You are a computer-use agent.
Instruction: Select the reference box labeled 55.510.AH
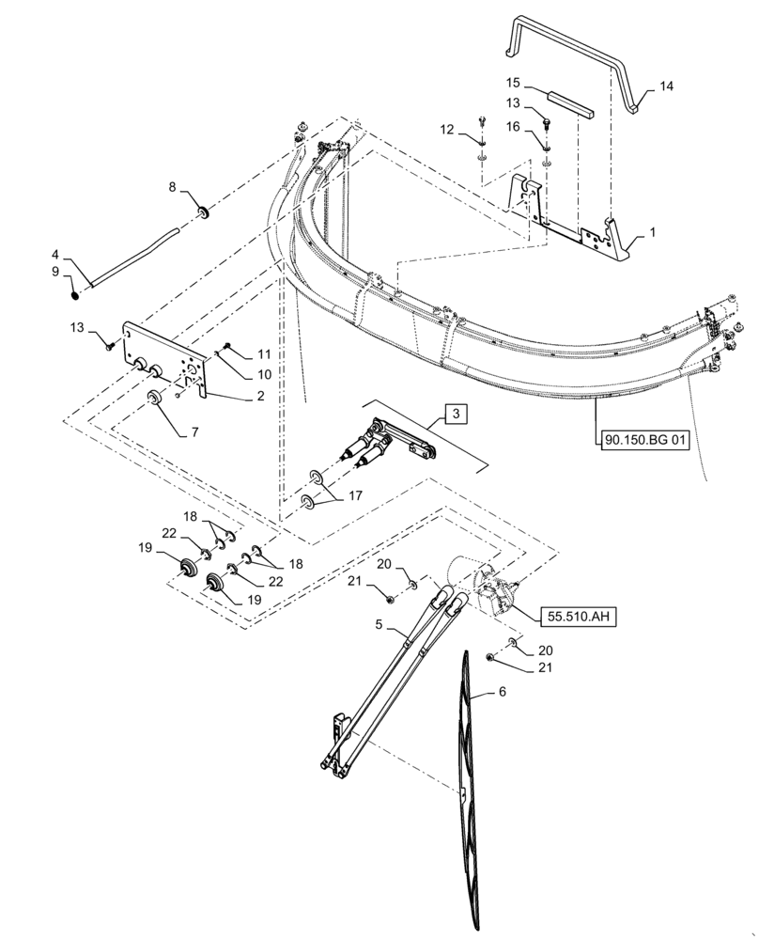575,617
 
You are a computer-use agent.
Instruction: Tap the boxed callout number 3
454,414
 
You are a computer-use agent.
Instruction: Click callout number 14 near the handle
665,86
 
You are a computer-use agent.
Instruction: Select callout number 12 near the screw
447,128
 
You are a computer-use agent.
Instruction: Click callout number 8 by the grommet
172,187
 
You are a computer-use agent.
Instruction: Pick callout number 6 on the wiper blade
501,692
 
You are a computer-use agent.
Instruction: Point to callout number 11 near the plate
263,354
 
